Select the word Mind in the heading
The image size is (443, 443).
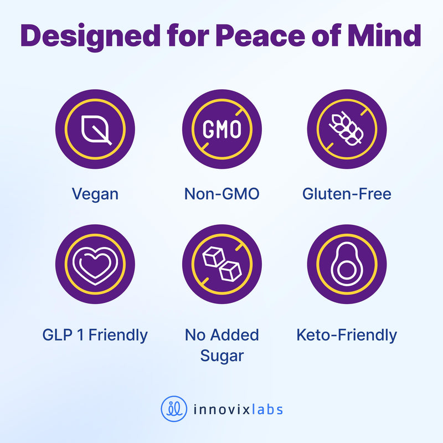384,35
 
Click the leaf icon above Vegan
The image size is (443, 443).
96,130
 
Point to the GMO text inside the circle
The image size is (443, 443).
222,130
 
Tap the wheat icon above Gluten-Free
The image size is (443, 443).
347,128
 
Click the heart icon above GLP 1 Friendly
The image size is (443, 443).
95,266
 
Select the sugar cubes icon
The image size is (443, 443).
222,264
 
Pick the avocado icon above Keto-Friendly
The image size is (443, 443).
347,264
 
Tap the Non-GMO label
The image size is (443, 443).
222,194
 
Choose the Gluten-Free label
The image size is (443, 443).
347,194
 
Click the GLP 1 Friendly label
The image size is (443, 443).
95,336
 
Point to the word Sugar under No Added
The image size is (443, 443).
222,356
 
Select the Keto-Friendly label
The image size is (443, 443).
347,336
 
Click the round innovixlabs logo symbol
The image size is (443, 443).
174,409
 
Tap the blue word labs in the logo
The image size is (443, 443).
267,409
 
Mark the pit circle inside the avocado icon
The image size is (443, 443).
347,270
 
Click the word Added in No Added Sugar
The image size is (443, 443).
234,335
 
